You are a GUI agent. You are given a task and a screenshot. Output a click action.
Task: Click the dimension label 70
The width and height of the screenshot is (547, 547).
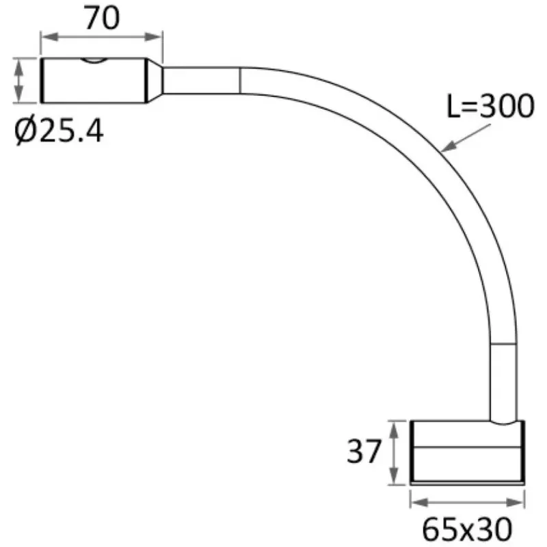point(102,18)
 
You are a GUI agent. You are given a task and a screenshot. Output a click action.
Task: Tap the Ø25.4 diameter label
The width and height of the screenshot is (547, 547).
point(59,131)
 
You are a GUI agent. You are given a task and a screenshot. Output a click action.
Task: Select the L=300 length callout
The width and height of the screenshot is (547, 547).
point(490,106)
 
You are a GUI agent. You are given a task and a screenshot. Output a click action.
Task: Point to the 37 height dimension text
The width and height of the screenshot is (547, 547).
point(364,451)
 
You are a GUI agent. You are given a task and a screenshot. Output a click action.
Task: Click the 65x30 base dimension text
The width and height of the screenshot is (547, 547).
point(467,529)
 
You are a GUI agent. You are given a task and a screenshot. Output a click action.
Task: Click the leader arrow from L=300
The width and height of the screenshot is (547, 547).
point(466,138)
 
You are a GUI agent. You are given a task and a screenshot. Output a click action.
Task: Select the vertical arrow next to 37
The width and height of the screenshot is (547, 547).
point(394,452)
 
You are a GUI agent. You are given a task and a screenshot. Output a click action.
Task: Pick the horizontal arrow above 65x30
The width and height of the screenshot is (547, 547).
point(468,503)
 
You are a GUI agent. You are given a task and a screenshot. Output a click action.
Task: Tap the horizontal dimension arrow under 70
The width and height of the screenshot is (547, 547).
point(102,37)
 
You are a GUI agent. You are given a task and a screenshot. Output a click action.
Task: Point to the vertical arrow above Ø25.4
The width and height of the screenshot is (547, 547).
point(19,81)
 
